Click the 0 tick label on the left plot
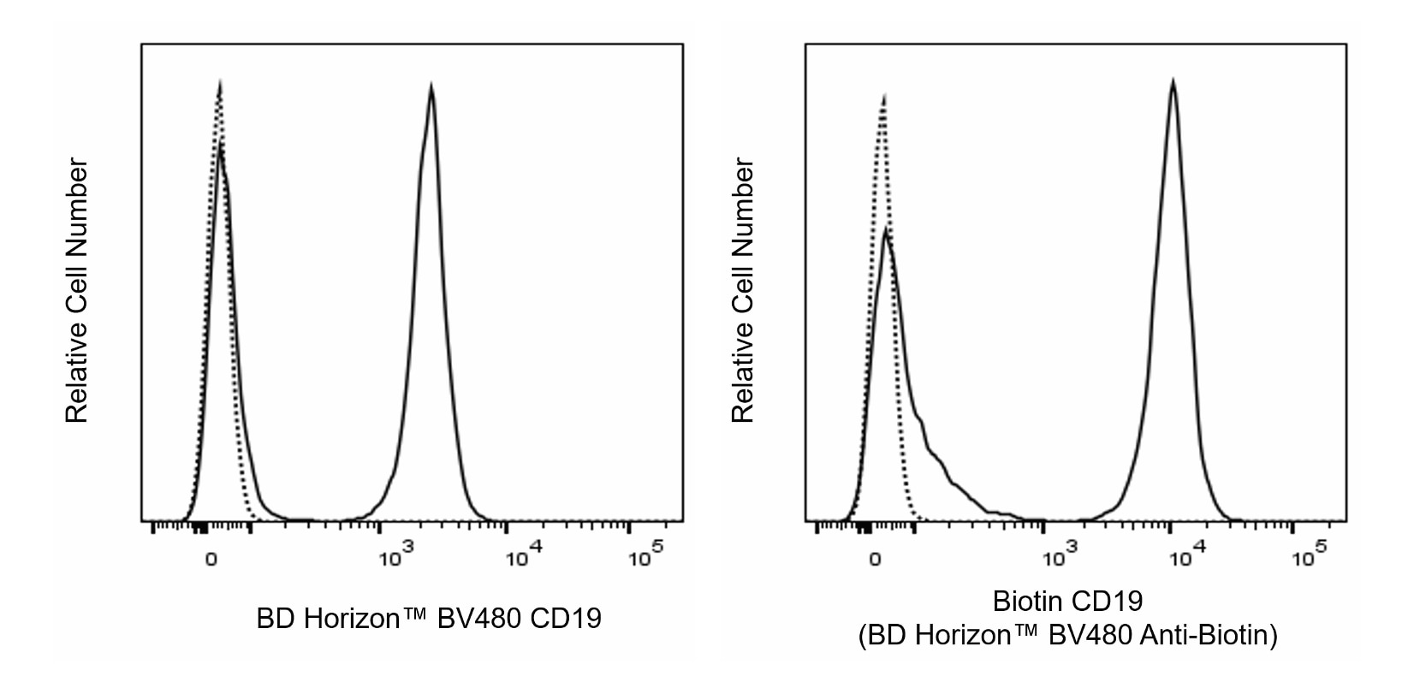[x=210, y=560]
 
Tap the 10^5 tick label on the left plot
[x=645, y=558]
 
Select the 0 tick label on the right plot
[x=875, y=560]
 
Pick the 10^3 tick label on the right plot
[x=1059, y=558]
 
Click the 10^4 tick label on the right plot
[x=1185, y=558]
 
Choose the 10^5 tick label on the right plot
[x=1310, y=558]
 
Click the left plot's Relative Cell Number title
[x=77, y=290]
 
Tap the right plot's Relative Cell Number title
[x=742, y=290]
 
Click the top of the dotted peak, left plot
[x=220, y=83]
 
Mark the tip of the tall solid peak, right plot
[x=1173, y=81]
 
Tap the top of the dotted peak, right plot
[x=883, y=96]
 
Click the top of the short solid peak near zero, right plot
[x=887, y=229]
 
